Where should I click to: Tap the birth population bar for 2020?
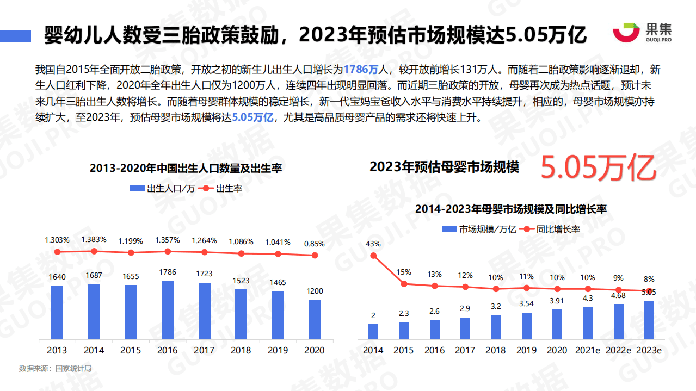tap(315, 319)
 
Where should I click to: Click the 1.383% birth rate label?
tap(94, 239)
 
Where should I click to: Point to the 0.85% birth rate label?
tap(315, 244)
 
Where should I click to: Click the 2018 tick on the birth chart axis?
tap(241, 350)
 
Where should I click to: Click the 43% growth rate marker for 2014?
tap(373, 256)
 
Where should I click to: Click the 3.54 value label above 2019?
tap(526, 303)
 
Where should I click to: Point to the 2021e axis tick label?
tap(588, 350)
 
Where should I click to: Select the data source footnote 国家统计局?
tap(55, 369)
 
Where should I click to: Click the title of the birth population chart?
tap(186, 168)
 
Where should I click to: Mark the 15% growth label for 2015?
tap(404, 272)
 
